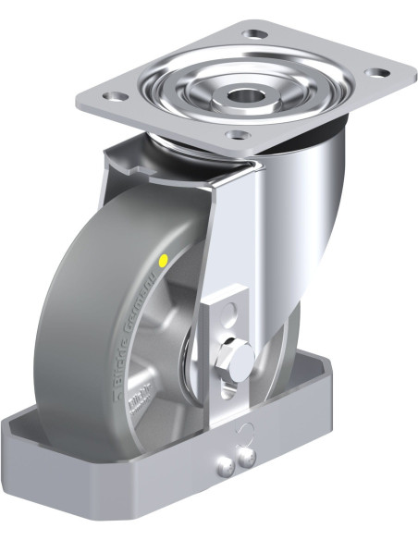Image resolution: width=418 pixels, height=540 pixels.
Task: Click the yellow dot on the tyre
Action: click(x=164, y=262)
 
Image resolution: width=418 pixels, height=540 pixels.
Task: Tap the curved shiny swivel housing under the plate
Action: click(x=305, y=213)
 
